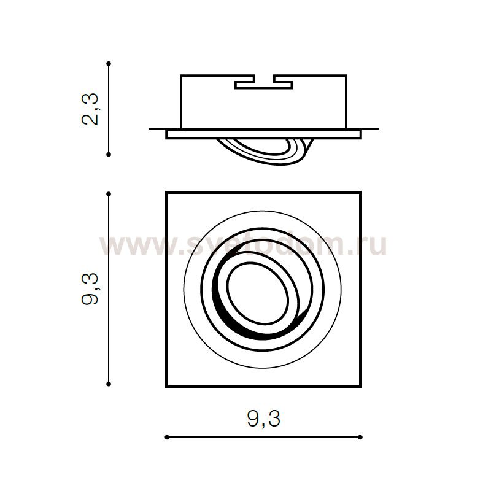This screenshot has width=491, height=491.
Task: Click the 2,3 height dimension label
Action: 90,109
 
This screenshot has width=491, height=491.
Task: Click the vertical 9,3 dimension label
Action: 90,288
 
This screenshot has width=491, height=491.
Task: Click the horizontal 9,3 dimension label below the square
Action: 264,419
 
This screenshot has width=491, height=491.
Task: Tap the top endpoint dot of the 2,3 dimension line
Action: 109,64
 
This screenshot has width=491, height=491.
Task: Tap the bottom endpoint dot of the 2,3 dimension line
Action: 109,155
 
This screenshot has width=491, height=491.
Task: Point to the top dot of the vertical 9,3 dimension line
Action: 109,194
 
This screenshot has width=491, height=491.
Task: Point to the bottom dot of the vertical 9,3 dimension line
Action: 109,384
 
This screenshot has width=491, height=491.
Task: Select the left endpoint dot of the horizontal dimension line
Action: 167,437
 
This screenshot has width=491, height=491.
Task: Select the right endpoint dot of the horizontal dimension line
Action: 360,437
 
